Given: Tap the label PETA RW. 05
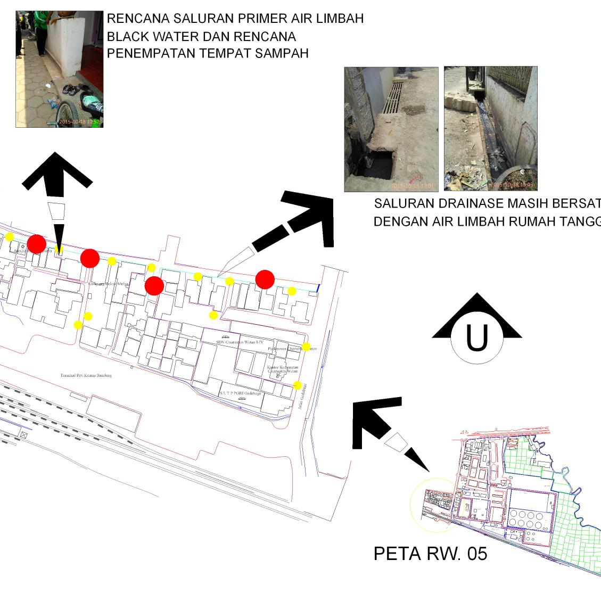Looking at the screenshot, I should point(430,554).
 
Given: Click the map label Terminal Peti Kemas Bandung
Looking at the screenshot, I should point(86,375).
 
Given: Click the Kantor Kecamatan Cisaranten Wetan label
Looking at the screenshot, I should point(283,369).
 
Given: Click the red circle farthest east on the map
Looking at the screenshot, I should point(265,279).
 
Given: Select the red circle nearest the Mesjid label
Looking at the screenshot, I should point(36,244).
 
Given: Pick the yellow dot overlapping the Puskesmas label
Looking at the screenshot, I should point(306,347).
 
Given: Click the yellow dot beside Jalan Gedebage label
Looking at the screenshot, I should point(298,385).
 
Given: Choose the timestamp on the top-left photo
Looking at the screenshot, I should point(79,122).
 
